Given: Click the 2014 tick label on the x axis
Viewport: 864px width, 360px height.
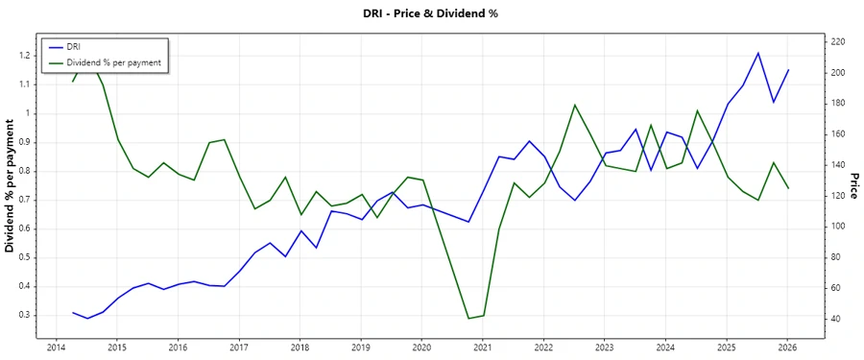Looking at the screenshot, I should pyautogui.click(x=55, y=348).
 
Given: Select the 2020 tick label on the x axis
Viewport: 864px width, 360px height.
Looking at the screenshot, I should pyautogui.click(x=420, y=348).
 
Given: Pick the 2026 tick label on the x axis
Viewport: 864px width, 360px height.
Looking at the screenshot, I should pyautogui.click(x=787, y=348).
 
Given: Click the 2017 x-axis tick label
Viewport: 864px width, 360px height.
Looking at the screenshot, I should pyautogui.click(x=238, y=348).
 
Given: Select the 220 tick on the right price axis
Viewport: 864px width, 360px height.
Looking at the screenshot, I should pyautogui.click(x=839, y=42).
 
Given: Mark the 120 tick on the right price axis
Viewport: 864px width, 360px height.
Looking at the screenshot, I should pyautogui.click(x=839, y=196).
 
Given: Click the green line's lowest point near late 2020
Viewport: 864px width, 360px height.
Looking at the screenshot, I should pyautogui.click(x=468, y=319).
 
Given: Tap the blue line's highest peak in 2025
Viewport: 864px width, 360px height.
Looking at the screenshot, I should pyautogui.click(x=758, y=53).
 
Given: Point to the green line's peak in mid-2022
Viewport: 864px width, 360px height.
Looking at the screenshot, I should pyautogui.click(x=574, y=105).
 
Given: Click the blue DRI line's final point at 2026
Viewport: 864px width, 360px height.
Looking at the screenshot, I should pyautogui.click(x=788, y=70).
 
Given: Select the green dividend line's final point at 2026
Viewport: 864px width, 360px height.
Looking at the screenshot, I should pyautogui.click(x=788, y=188).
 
